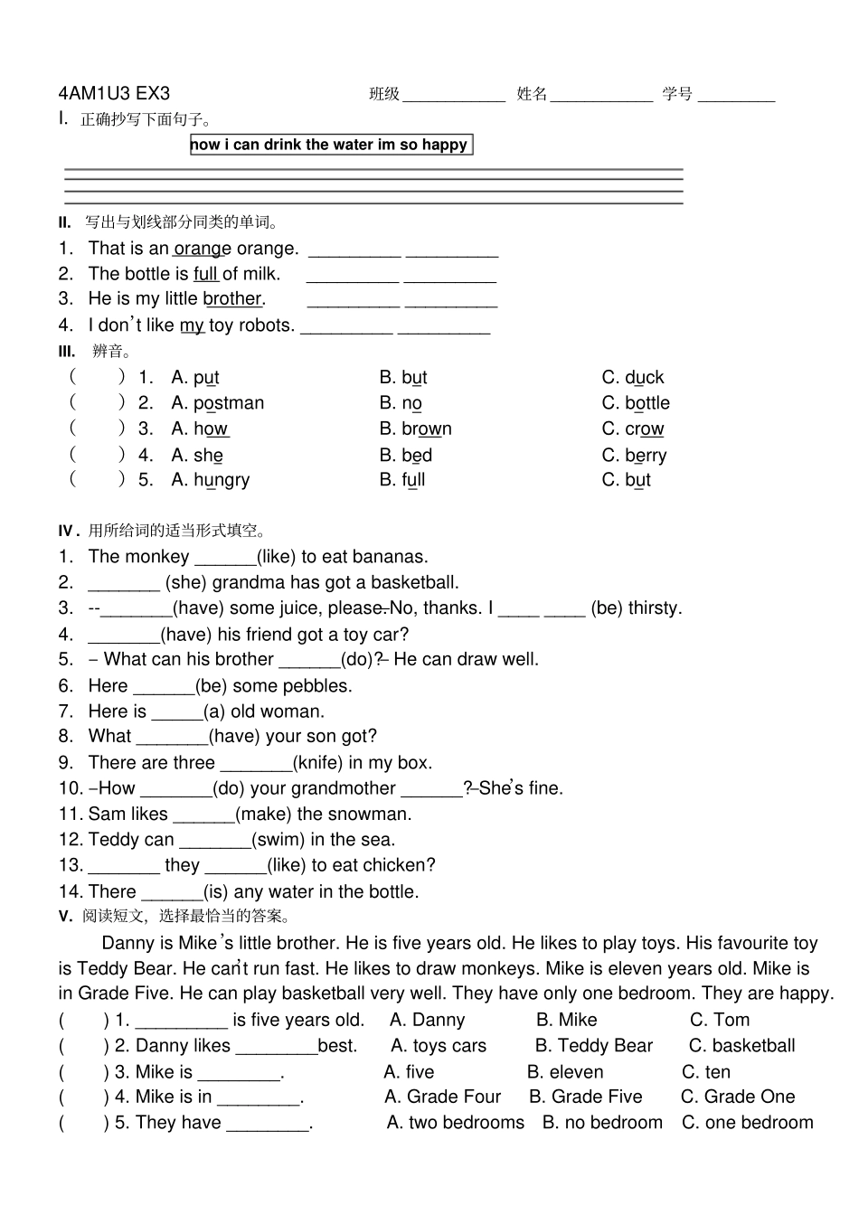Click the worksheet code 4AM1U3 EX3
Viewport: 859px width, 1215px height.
(114, 93)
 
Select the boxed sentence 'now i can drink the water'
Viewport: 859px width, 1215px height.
(330, 145)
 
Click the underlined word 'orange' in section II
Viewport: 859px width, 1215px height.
(203, 249)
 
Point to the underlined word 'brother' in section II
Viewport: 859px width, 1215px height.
(232, 299)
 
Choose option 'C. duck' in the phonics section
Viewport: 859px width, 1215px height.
(632, 377)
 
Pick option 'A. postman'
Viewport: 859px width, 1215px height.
(217, 403)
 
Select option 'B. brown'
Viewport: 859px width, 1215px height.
(415, 429)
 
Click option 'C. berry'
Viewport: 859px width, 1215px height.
(634, 456)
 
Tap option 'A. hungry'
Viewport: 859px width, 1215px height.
(210, 480)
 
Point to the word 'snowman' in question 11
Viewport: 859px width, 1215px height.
(373, 815)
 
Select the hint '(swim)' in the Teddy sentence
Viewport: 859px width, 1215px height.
(278, 840)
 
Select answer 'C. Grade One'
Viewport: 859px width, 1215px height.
(737, 1097)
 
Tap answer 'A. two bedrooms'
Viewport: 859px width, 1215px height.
(455, 1123)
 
